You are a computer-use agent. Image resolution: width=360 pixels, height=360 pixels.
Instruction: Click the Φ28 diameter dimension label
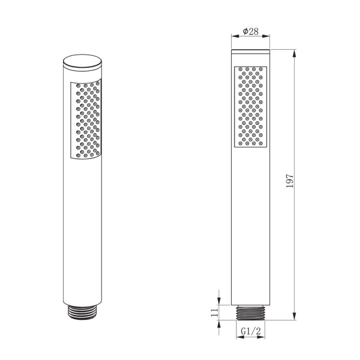pos(251,32)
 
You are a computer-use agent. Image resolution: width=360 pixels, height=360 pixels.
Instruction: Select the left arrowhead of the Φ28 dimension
pos(233,38)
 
